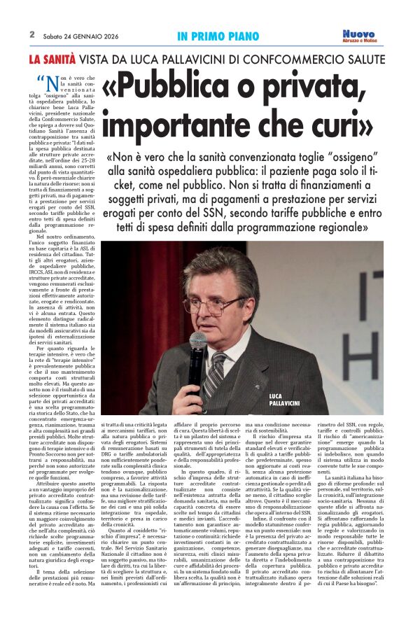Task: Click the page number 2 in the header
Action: point(32,34)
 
